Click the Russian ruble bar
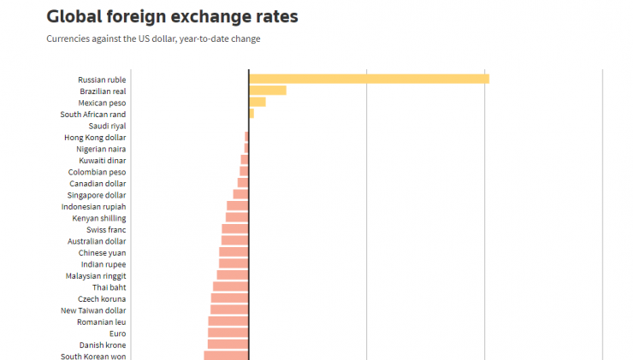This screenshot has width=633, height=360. (x=369, y=80)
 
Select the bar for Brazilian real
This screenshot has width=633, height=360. (x=268, y=91)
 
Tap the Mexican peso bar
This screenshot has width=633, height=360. (x=257, y=103)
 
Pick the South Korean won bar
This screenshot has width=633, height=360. (x=226, y=356)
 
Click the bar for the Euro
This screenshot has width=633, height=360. (x=228, y=333)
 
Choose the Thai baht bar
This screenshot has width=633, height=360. (x=231, y=286)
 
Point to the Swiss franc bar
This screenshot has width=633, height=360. (x=235, y=229)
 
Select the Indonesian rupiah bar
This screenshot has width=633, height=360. (x=238, y=206)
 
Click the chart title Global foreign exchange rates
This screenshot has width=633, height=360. (x=172, y=16)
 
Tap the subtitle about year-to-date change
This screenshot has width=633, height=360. (x=153, y=38)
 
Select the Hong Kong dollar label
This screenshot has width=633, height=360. (x=95, y=138)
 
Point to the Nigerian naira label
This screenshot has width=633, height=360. (x=101, y=149)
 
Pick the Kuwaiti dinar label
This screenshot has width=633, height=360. (x=103, y=160)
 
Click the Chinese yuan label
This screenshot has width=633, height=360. (x=102, y=252)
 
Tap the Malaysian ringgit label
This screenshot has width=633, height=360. (x=96, y=275)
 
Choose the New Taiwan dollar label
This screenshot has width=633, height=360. (x=93, y=310)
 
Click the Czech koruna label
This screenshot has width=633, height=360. (x=102, y=298)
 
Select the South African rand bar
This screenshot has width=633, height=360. (x=251, y=114)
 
